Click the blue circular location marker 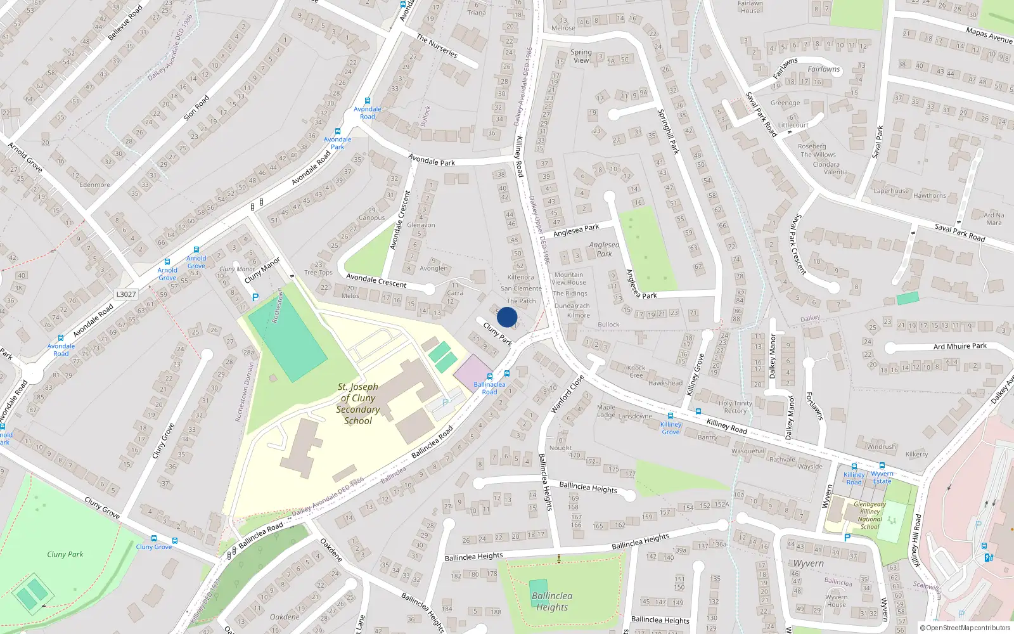[507, 317]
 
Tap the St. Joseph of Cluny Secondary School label [358, 404]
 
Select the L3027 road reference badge [126, 294]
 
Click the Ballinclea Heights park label [552, 602]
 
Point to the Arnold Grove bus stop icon [167, 261]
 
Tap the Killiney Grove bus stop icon [671, 416]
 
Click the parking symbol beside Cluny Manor [255, 297]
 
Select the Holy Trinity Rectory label [735, 407]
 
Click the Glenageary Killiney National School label [870, 515]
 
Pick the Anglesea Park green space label [604, 249]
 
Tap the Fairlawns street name [823, 69]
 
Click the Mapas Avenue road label [989, 35]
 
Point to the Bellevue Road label [125, 23]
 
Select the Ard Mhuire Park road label [959, 346]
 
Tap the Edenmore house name [94, 185]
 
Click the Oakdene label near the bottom [285, 617]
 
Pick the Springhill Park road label [668, 132]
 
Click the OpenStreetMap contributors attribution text [967, 628]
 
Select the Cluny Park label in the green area [65, 554]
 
